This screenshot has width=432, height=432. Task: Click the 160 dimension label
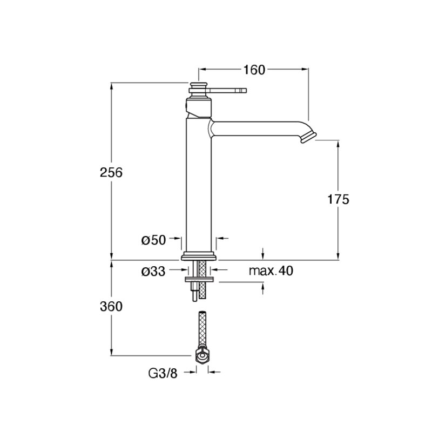tap(254, 70)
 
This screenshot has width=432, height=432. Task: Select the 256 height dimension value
tap(111, 173)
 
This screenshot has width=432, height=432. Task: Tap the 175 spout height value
tap(338, 199)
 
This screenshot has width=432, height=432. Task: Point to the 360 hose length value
tap(111, 306)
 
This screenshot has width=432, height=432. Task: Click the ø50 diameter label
tap(154, 240)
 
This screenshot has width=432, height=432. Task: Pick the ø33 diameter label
tap(153, 272)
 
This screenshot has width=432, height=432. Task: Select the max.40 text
tap(271, 271)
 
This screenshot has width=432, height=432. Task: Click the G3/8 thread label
tap(163, 374)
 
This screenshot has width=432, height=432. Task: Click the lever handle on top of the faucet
tap(228, 90)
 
